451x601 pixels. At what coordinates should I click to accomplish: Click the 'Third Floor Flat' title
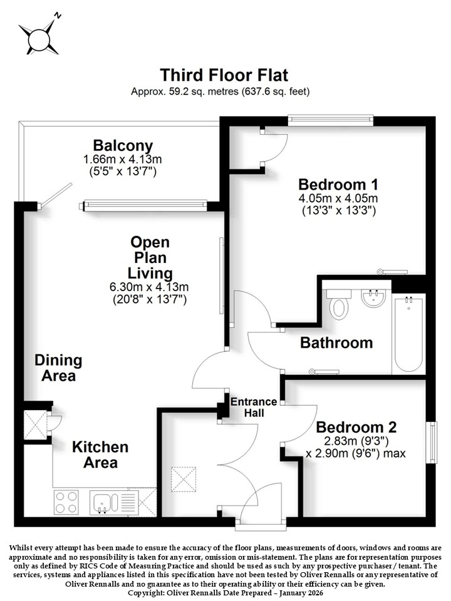[x=224, y=75]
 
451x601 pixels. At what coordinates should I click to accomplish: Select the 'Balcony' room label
[x=123, y=146]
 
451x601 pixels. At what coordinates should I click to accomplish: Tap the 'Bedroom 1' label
[x=338, y=184]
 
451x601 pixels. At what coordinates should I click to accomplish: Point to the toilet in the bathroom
[x=339, y=304]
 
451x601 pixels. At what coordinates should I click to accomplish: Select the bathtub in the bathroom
[x=409, y=334]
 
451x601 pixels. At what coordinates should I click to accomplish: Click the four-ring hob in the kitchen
[x=66, y=502]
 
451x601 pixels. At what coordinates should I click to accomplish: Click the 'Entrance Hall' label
[x=254, y=407]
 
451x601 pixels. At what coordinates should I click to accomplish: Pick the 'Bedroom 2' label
[x=356, y=427]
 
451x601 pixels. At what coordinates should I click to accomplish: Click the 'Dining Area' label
[x=58, y=368]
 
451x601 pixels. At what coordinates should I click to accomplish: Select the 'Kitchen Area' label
[x=100, y=455]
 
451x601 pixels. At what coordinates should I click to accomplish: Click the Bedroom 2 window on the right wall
[x=432, y=443]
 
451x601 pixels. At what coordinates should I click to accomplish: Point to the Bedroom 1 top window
[x=331, y=120]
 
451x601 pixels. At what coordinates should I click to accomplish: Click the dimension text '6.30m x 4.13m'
[x=149, y=287]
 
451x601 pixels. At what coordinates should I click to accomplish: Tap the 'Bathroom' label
[x=336, y=342]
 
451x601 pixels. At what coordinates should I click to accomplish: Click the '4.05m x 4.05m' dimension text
[x=338, y=198]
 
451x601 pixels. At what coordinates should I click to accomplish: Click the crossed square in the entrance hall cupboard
[x=184, y=479]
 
